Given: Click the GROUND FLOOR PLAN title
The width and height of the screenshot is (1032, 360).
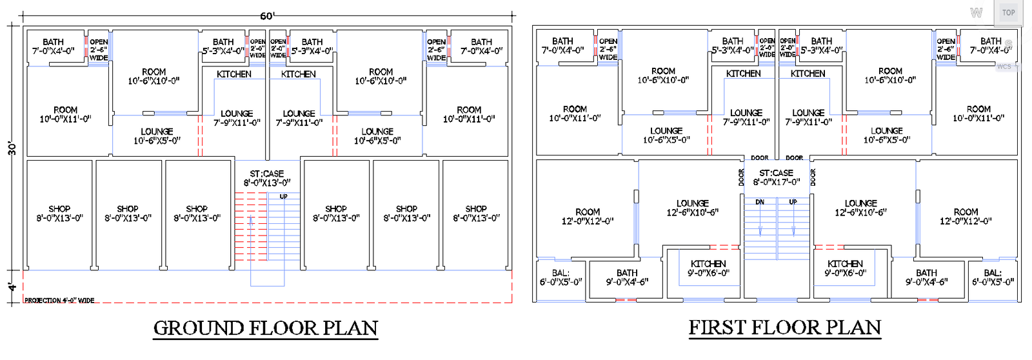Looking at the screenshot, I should (266, 328).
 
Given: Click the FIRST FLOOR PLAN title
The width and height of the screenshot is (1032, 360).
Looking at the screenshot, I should (785, 328).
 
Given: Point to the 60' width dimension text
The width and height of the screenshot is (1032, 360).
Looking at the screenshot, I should (267, 15).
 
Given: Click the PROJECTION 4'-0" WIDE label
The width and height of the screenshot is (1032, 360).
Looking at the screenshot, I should (59, 300).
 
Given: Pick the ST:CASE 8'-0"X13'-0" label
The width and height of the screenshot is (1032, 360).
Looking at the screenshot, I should (267, 178).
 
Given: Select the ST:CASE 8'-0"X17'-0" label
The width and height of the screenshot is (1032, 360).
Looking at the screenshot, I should (777, 177).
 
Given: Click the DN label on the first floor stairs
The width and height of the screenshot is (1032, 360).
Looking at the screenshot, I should (760, 202).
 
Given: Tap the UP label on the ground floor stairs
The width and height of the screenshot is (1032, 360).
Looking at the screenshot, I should (283, 196).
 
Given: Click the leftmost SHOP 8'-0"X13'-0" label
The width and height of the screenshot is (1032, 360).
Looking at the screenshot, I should (59, 214).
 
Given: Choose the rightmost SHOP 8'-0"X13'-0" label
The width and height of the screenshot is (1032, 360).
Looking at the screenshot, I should (476, 214).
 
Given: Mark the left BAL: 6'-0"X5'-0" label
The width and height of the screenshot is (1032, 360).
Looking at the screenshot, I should (561, 277).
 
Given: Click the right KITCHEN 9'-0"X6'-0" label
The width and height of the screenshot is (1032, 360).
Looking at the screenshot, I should (845, 268).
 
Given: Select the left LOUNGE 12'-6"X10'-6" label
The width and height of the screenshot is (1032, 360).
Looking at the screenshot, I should (693, 208).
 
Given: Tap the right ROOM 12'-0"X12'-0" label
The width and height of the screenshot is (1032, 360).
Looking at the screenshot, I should (966, 216).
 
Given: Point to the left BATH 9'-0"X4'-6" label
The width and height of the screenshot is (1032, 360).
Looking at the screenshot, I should (627, 277).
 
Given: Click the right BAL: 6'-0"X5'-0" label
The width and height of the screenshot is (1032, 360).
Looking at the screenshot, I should (993, 277).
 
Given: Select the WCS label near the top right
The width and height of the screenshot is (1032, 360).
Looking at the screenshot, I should (1004, 66).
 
